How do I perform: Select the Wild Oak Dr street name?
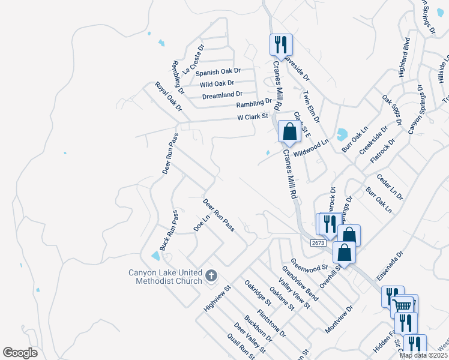[x=217, y=83]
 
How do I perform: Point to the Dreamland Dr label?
[x=222, y=95]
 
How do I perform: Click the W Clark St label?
[x=253, y=116]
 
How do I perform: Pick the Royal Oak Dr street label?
[x=168, y=97]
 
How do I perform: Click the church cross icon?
[x=211, y=275]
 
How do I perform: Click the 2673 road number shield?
[x=318, y=243]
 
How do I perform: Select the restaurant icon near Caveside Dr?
[x=281, y=44]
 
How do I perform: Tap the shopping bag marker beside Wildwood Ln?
[x=289, y=131]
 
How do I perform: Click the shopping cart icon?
[x=403, y=306]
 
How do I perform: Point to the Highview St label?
[x=217, y=298]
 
